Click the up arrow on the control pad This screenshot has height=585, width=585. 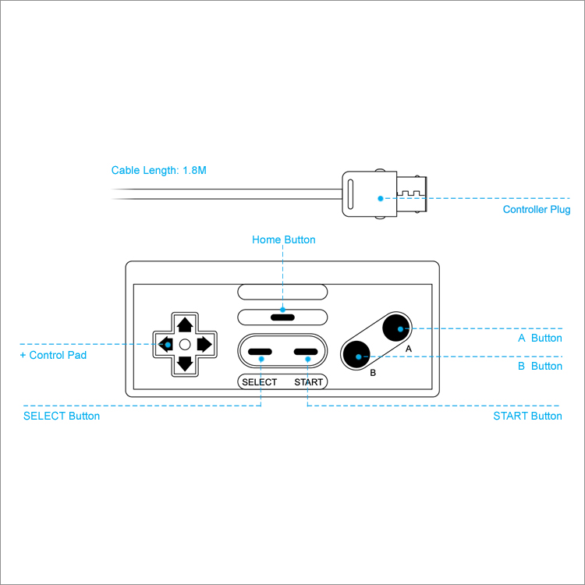pyautogui.click(x=185, y=324)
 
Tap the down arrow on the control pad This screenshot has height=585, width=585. pyautogui.click(x=185, y=363)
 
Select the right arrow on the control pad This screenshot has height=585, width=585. pyautogui.click(x=204, y=344)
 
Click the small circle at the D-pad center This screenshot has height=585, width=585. pyautogui.click(x=185, y=344)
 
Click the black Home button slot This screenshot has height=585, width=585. pyautogui.click(x=282, y=317)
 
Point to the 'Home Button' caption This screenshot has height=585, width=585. pyautogui.click(x=284, y=239)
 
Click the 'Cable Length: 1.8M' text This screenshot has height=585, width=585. pyautogui.click(x=159, y=170)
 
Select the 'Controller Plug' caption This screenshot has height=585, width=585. pyautogui.click(x=537, y=210)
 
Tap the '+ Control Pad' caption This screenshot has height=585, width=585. pyautogui.click(x=53, y=356)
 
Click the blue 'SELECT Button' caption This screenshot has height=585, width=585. pyautogui.click(x=62, y=416)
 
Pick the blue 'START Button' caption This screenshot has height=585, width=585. pyautogui.click(x=527, y=416)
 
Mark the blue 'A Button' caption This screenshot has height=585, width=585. pyautogui.click(x=540, y=339)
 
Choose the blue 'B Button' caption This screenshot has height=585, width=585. pyautogui.click(x=540, y=366)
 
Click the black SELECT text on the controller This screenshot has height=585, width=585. pyautogui.click(x=259, y=382)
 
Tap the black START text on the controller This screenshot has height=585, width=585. pyautogui.click(x=309, y=382)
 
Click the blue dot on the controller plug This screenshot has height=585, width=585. pyautogui.click(x=381, y=198)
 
